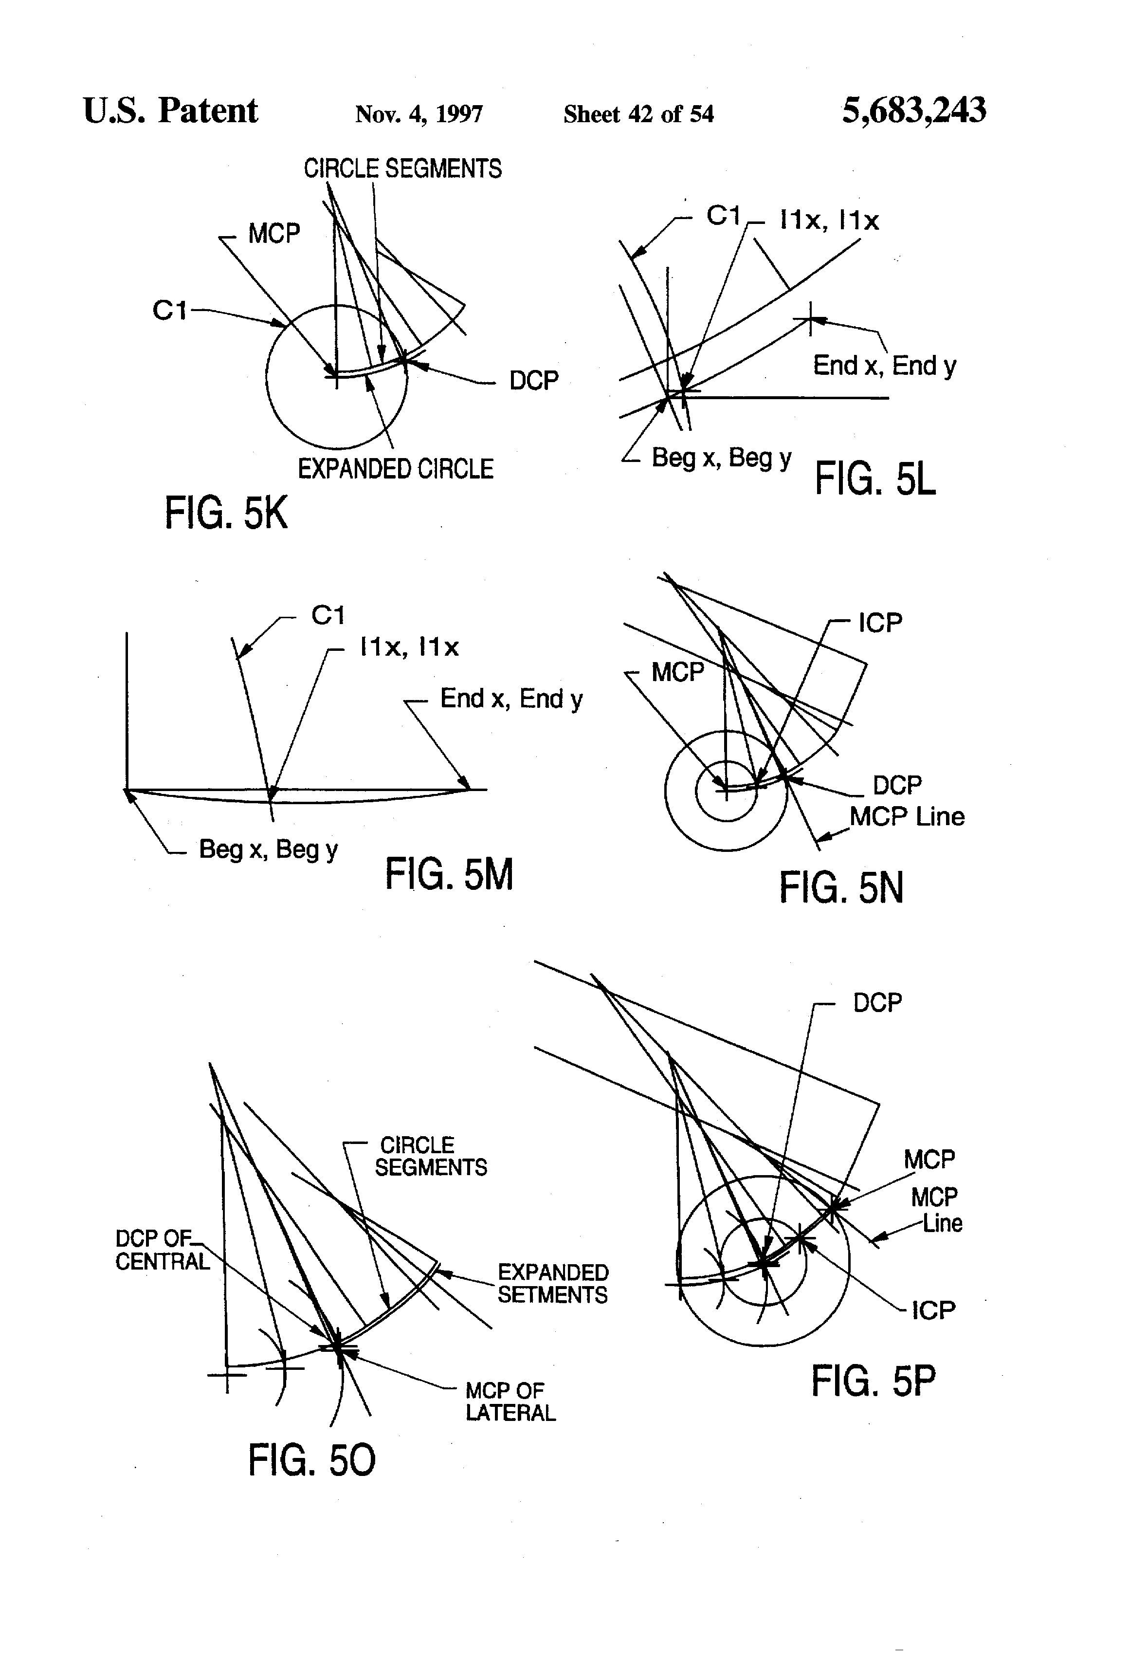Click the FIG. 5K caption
(226, 513)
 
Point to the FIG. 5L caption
(875, 479)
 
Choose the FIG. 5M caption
(449, 874)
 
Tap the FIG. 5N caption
(841, 887)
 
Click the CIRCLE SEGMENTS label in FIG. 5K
(402, 169)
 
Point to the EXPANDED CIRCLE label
(395, 469)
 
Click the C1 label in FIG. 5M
(328, 615)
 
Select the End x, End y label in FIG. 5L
(884, 366)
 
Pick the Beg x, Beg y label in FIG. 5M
(268, 849)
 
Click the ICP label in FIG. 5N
(880, 623)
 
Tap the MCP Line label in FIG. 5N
(907, 817)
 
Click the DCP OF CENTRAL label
(163, 1250)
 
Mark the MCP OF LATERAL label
(510, 1401)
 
